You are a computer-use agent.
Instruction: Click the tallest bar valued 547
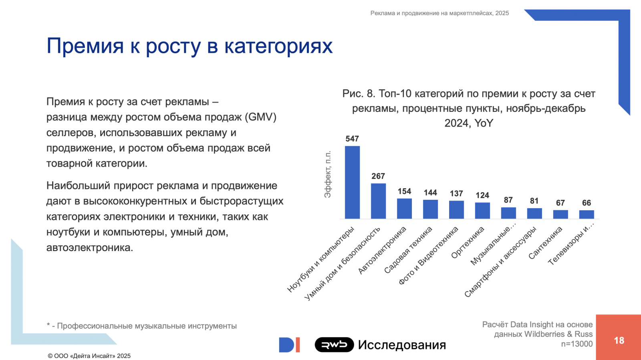(x=352, y=183)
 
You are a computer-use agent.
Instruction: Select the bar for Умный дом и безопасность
(x=378, y=201)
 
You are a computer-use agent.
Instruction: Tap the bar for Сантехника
(x=560, y=215)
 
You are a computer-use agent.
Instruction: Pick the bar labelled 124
(x=482, y=211)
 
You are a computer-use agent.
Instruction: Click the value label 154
(x=404, y=191)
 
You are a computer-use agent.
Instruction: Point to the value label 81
(x=534, y=201)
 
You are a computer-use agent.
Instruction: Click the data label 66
(x=587, y=203)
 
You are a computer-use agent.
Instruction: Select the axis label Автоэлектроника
(x=382, y=250)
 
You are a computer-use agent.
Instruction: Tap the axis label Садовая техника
(x=408, y=249)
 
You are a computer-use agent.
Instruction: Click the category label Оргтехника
(x=468, y=242)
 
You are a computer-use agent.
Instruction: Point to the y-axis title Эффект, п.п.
(x=328, y=174)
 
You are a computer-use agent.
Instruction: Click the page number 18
(x=619, y=340)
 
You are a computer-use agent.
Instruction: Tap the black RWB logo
(x=334, y=344)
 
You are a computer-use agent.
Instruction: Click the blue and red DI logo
(x=289, y=345)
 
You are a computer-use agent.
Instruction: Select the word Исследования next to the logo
(x=402, y=345)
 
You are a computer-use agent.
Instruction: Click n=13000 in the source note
(x=576, y=344)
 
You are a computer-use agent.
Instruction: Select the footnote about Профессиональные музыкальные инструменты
(x=142, y=326)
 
